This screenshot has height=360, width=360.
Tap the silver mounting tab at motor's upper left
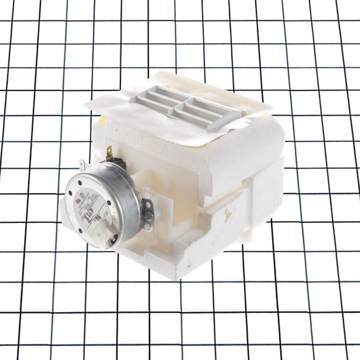(x=83, y=164)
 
